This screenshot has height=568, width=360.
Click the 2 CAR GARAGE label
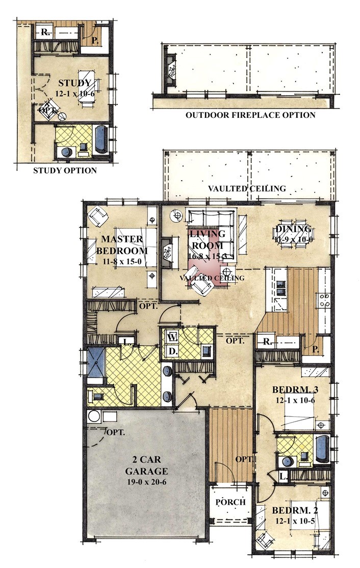(146, 465)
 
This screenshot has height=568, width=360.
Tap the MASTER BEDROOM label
(122, 244)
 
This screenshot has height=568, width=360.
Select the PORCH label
(230, 502)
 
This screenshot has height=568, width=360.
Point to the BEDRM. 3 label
(295, 390)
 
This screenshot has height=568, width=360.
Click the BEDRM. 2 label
(295, 510)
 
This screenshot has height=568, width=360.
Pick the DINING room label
(293, 229)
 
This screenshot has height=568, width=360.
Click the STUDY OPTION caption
(65, 170)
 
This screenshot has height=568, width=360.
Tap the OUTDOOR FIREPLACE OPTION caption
(250, 115)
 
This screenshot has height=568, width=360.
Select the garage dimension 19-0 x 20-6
(146, 482)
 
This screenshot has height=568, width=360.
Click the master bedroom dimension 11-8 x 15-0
(122, 261)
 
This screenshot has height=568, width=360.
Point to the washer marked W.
(172, 337)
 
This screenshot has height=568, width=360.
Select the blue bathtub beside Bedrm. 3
(321, 449)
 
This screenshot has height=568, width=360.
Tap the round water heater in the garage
(94, 416)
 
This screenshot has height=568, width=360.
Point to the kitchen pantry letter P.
(316, 350)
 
